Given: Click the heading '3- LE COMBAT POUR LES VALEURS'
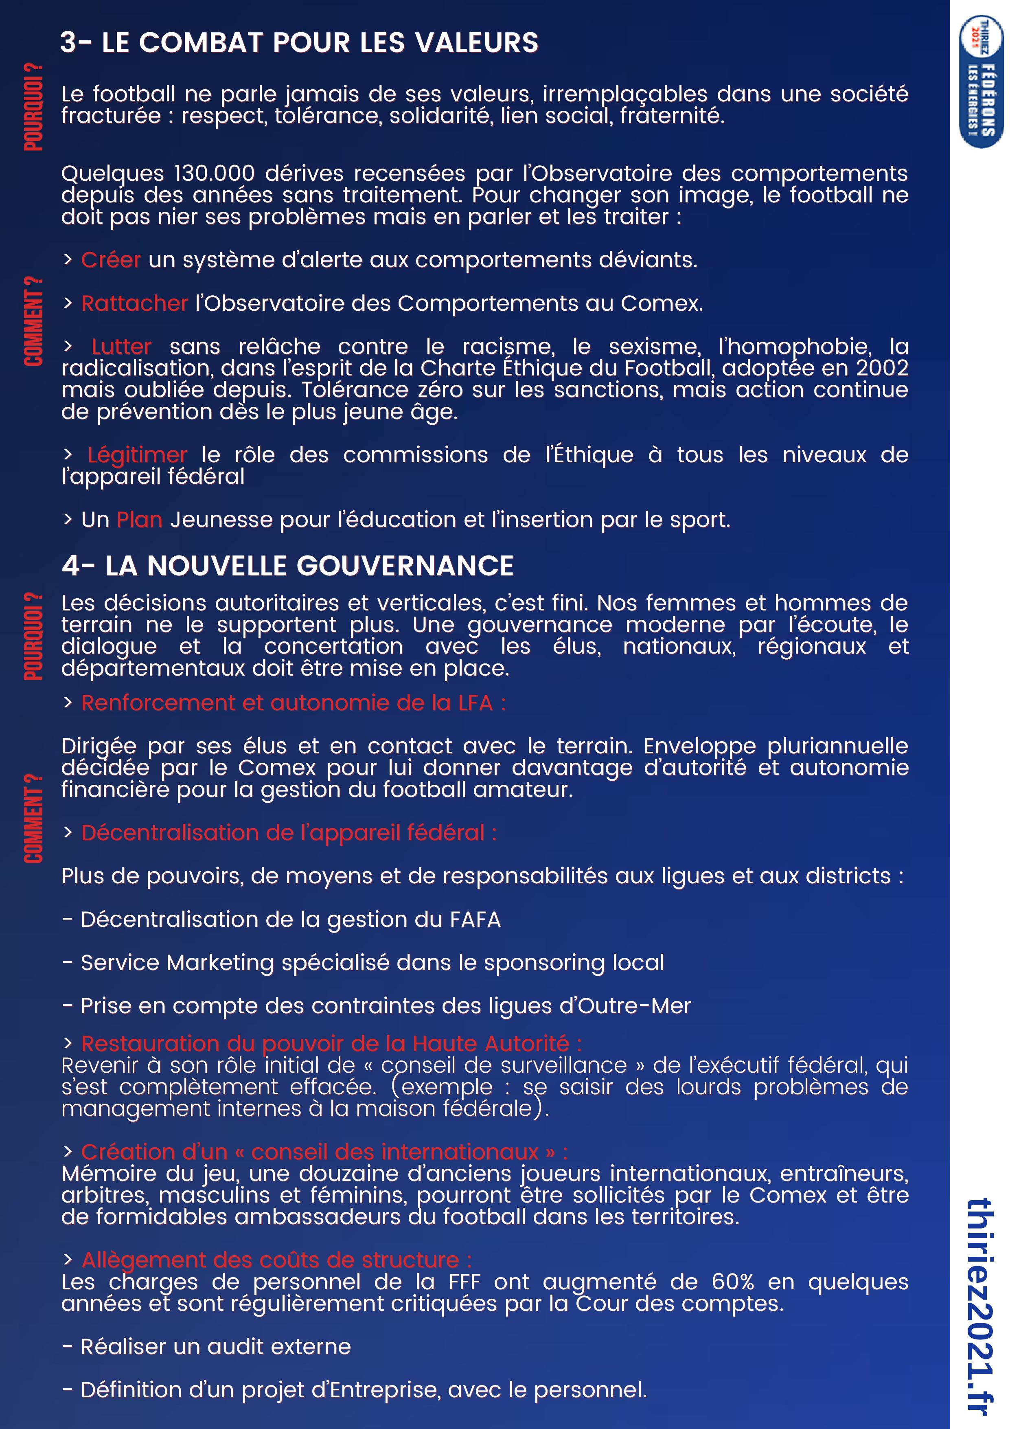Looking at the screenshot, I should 299,42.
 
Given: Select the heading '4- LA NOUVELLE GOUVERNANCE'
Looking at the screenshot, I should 287,566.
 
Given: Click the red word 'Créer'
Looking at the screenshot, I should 111,260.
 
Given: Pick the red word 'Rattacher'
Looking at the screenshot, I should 134,304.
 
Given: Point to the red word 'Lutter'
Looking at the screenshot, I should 121,347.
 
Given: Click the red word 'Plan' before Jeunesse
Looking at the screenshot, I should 139,520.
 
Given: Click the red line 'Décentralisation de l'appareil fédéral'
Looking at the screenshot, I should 289,833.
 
